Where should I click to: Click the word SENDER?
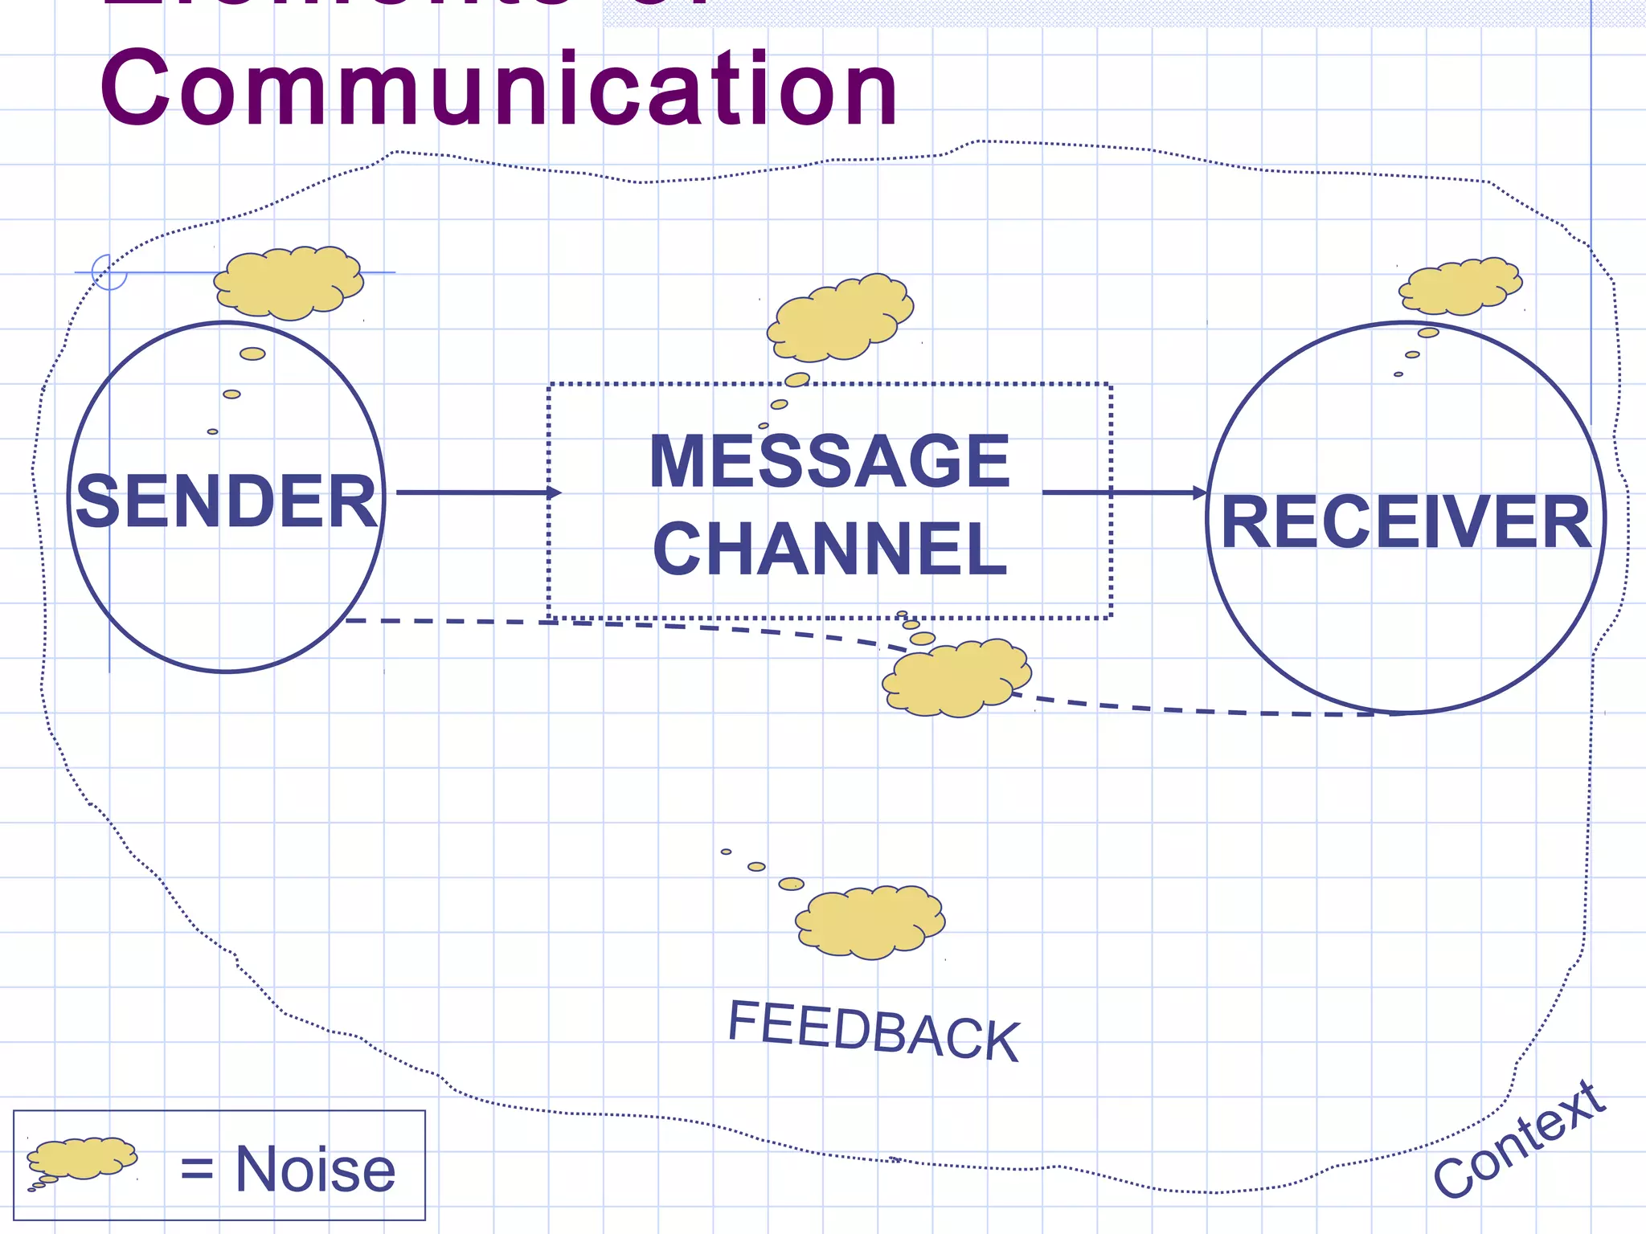227,501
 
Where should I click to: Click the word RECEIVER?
1406,522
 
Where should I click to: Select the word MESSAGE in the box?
829,461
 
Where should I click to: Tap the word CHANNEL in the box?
829,549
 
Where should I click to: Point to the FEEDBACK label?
874,1031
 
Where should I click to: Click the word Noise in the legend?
315,1170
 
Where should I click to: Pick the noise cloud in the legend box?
82,1158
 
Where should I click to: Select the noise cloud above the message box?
840,318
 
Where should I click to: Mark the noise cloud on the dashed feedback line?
956,679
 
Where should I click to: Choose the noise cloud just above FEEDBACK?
870,922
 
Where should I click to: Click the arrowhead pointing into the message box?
555,492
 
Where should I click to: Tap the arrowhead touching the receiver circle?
1200,492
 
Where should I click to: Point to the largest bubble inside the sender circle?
252,353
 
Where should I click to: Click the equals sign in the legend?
197,1169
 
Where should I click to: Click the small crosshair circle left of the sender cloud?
109,272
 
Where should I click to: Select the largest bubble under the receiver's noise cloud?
1428,333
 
